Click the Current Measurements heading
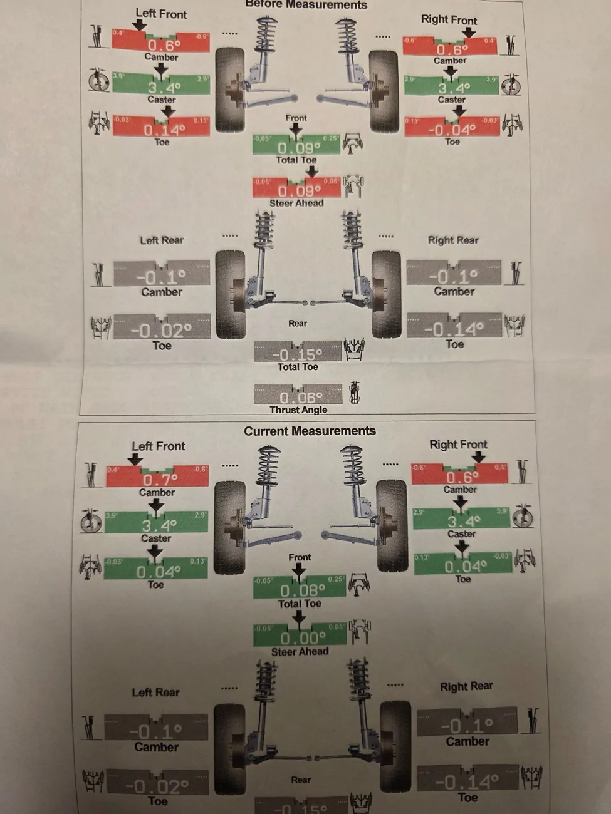coord(310,431)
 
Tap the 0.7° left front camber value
coord(160,480)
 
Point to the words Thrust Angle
coord(298,410)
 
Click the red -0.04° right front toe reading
coord(451,129)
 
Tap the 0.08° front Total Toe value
coord(302,590)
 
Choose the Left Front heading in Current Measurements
coord(159,446)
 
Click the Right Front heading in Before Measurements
coord(449,19)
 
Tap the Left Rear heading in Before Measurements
coord(161,240)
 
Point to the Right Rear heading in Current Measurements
coord(466,686)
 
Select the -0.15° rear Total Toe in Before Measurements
coord(298,353)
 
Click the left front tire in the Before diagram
coord(229,91)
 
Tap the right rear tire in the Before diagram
coord(386,294)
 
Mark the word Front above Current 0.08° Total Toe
coord(300,557)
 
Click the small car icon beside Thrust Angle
coord(354,393)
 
